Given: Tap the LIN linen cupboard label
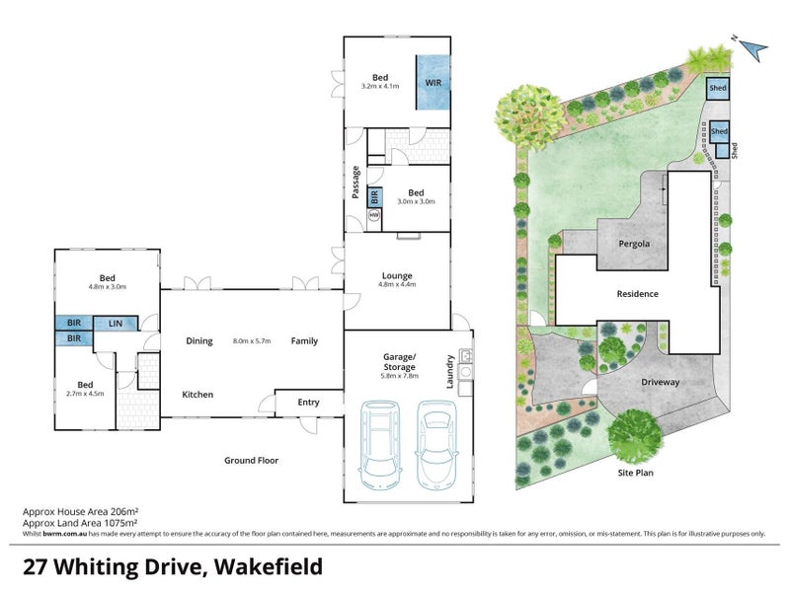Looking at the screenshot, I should click(116, 323).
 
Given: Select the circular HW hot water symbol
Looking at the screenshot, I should click(375, 214).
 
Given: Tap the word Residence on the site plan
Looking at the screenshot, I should click(637, 293).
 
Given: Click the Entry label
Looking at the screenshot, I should click(308, 402).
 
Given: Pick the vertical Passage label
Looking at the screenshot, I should click(355, 183).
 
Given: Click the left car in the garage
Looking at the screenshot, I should click(380, 443).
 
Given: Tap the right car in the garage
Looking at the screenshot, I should click(435, 443).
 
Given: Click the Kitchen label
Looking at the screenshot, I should click(197, 395).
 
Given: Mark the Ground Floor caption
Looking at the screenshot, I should click(251, 460).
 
